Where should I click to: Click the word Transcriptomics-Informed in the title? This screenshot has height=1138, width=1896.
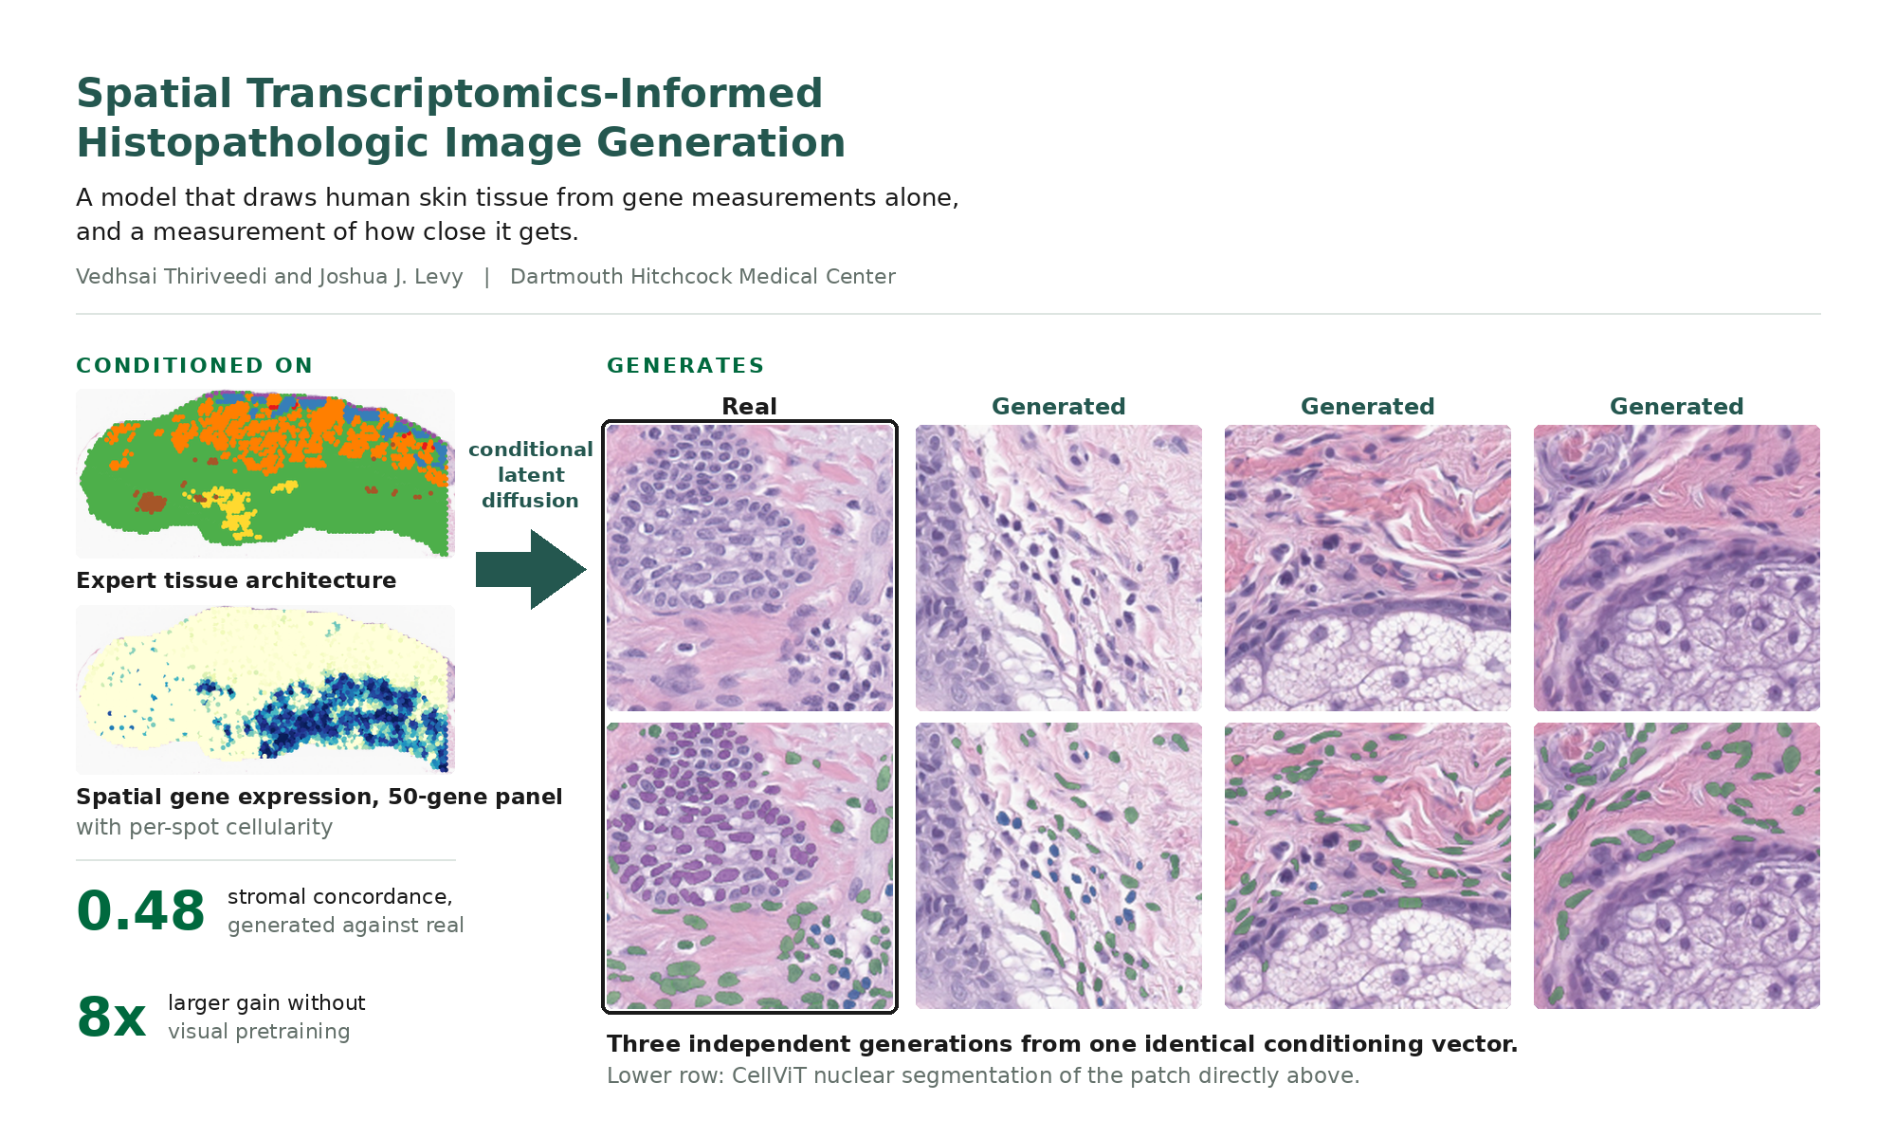point(535,94)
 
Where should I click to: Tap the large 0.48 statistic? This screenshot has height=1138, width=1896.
point(140,911)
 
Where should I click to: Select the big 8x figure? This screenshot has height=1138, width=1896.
point(111,1017)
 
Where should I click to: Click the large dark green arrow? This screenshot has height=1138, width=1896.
point(531,569)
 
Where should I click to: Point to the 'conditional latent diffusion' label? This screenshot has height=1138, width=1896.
point(531,475)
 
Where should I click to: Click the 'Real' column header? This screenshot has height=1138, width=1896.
point(749,407)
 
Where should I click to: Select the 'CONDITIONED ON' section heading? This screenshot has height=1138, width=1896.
point(194,366)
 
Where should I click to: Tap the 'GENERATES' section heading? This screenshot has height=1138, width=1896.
point(685,366)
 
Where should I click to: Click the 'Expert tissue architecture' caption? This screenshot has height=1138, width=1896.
point(236,580)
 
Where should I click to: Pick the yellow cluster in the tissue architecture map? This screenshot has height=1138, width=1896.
point(232,511)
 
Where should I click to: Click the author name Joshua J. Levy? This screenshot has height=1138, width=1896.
point(391,277)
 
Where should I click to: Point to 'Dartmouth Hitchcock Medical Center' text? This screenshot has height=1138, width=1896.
point(702,277)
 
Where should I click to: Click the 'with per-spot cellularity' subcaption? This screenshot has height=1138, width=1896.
point(205,827)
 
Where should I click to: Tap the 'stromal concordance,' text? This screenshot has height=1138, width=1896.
point(340,897)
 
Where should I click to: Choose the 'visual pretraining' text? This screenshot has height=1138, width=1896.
point(259,1032)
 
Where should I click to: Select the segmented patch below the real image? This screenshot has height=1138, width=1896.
point(750,866)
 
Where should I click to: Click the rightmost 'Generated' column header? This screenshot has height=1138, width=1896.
point(1676,407)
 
